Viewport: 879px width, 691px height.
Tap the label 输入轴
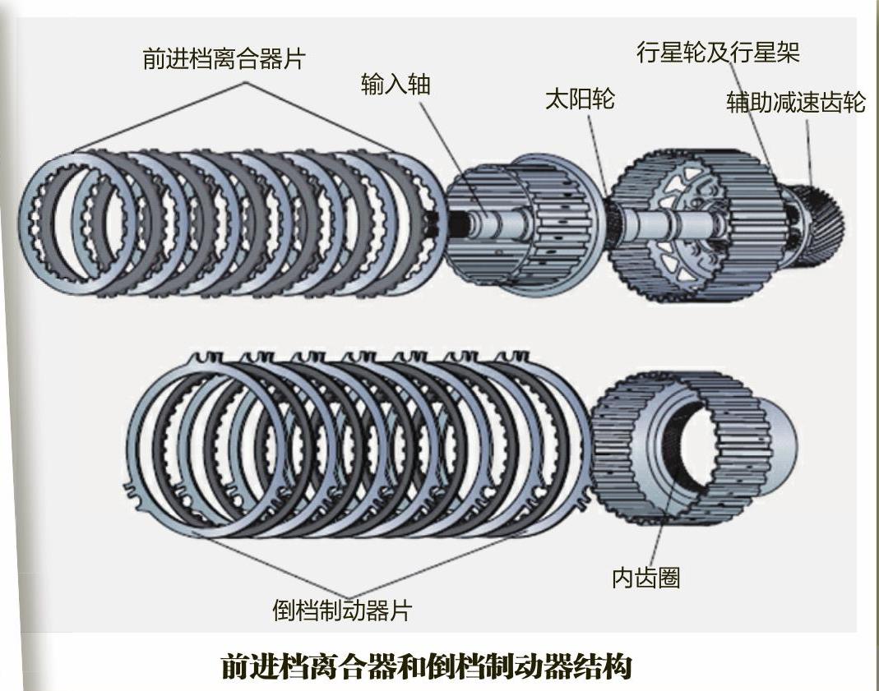pyautogui.click(x=396, y=85)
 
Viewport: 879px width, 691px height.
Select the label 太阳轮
pyautogui.click(x=580, y=100)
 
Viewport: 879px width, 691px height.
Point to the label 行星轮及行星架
pyautogui.click(x=718, y=53)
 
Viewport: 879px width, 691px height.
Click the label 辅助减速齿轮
pyautogui.click(x=795, y=103)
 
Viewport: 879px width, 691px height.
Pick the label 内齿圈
pyautogui.click(x=646, y=578)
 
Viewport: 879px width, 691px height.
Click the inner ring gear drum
pyautogui.click(x=724, y=448)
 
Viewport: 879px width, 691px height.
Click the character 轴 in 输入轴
pyautogui.click(x=419, y=85)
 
